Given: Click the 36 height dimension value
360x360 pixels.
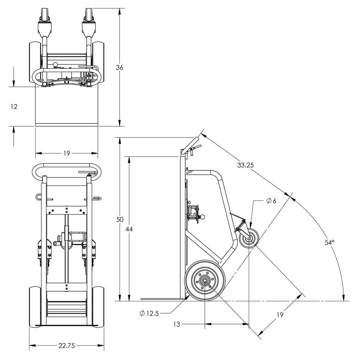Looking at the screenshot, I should click(120, 67).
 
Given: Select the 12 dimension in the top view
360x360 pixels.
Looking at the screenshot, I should click(14, 107).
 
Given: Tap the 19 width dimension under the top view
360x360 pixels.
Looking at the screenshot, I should click(67, 153).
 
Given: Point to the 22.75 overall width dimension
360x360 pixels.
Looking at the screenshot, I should click(66, 346).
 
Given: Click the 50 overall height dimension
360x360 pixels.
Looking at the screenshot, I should click(120, 219).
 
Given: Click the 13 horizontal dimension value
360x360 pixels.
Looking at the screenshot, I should click(176, 324).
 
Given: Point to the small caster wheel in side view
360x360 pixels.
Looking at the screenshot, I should click(248, 239).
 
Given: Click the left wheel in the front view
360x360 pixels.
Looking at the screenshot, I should click(35, 306).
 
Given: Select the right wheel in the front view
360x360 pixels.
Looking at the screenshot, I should click(98, 306).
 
